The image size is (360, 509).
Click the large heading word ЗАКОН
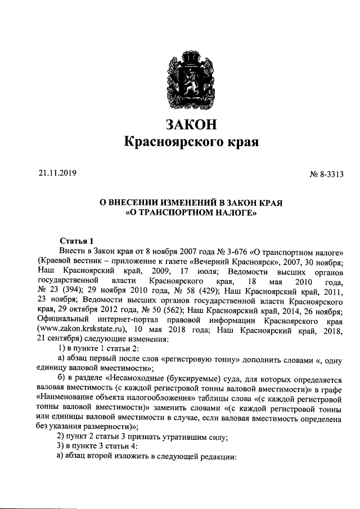191,123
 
